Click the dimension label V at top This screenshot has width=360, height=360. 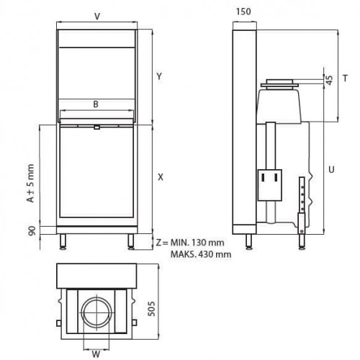[97, 15]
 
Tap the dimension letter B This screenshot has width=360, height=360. [96, 103]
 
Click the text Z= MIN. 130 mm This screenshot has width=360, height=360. [193, 243]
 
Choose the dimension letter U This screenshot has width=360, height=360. [330, 170]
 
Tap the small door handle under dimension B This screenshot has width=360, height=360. [96, 128]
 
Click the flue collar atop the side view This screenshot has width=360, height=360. [282, 85]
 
